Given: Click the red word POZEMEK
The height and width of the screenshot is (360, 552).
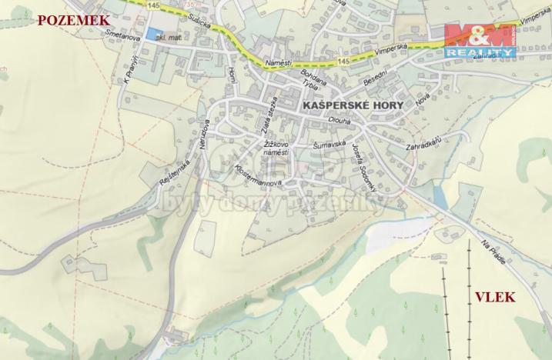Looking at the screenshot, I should [x=71, y=21].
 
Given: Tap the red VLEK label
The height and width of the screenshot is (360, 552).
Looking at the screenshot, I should [x=496, y=298].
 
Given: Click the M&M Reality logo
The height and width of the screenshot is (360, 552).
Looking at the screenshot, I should [x=479, y=38].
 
